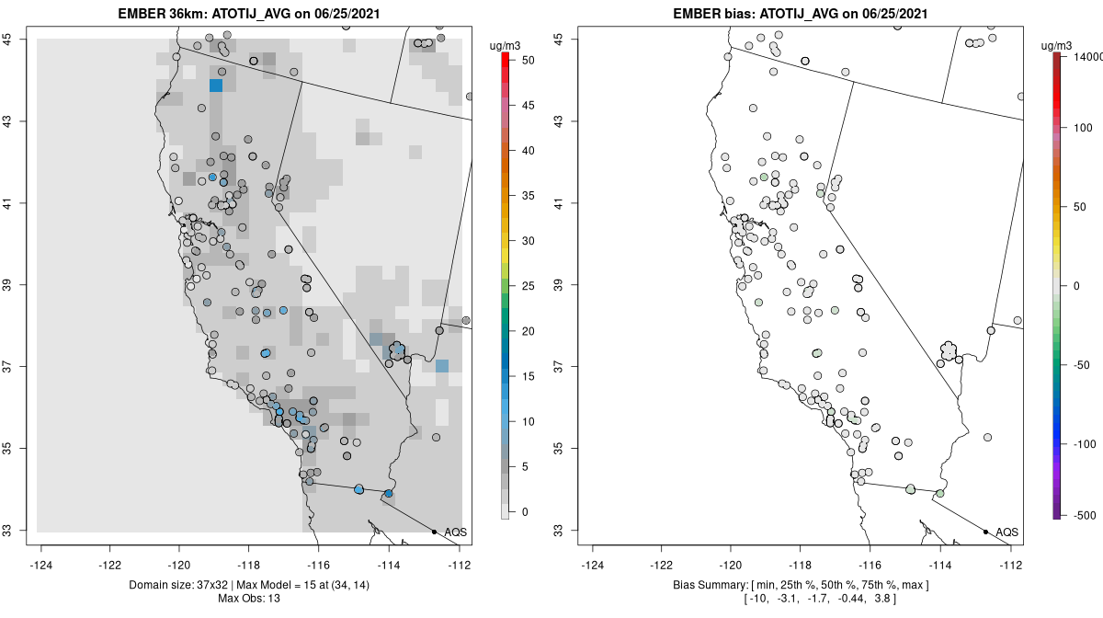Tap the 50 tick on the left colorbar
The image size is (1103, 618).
528,61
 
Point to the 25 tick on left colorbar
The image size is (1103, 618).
528,286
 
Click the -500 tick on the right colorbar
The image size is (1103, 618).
1085,516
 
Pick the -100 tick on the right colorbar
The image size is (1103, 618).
1085,444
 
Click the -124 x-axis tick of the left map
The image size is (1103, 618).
40,566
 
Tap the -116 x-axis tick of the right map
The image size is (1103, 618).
870,566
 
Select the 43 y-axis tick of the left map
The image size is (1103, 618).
8,120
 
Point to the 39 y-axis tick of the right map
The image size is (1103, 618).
558,285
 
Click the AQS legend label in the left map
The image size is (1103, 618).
456,532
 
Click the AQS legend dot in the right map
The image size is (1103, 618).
985,532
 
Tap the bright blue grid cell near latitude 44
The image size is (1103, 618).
216,86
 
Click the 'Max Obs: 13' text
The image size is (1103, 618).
249,599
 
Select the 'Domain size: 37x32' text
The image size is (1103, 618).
178,585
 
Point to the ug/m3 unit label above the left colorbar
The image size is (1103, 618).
505,46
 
